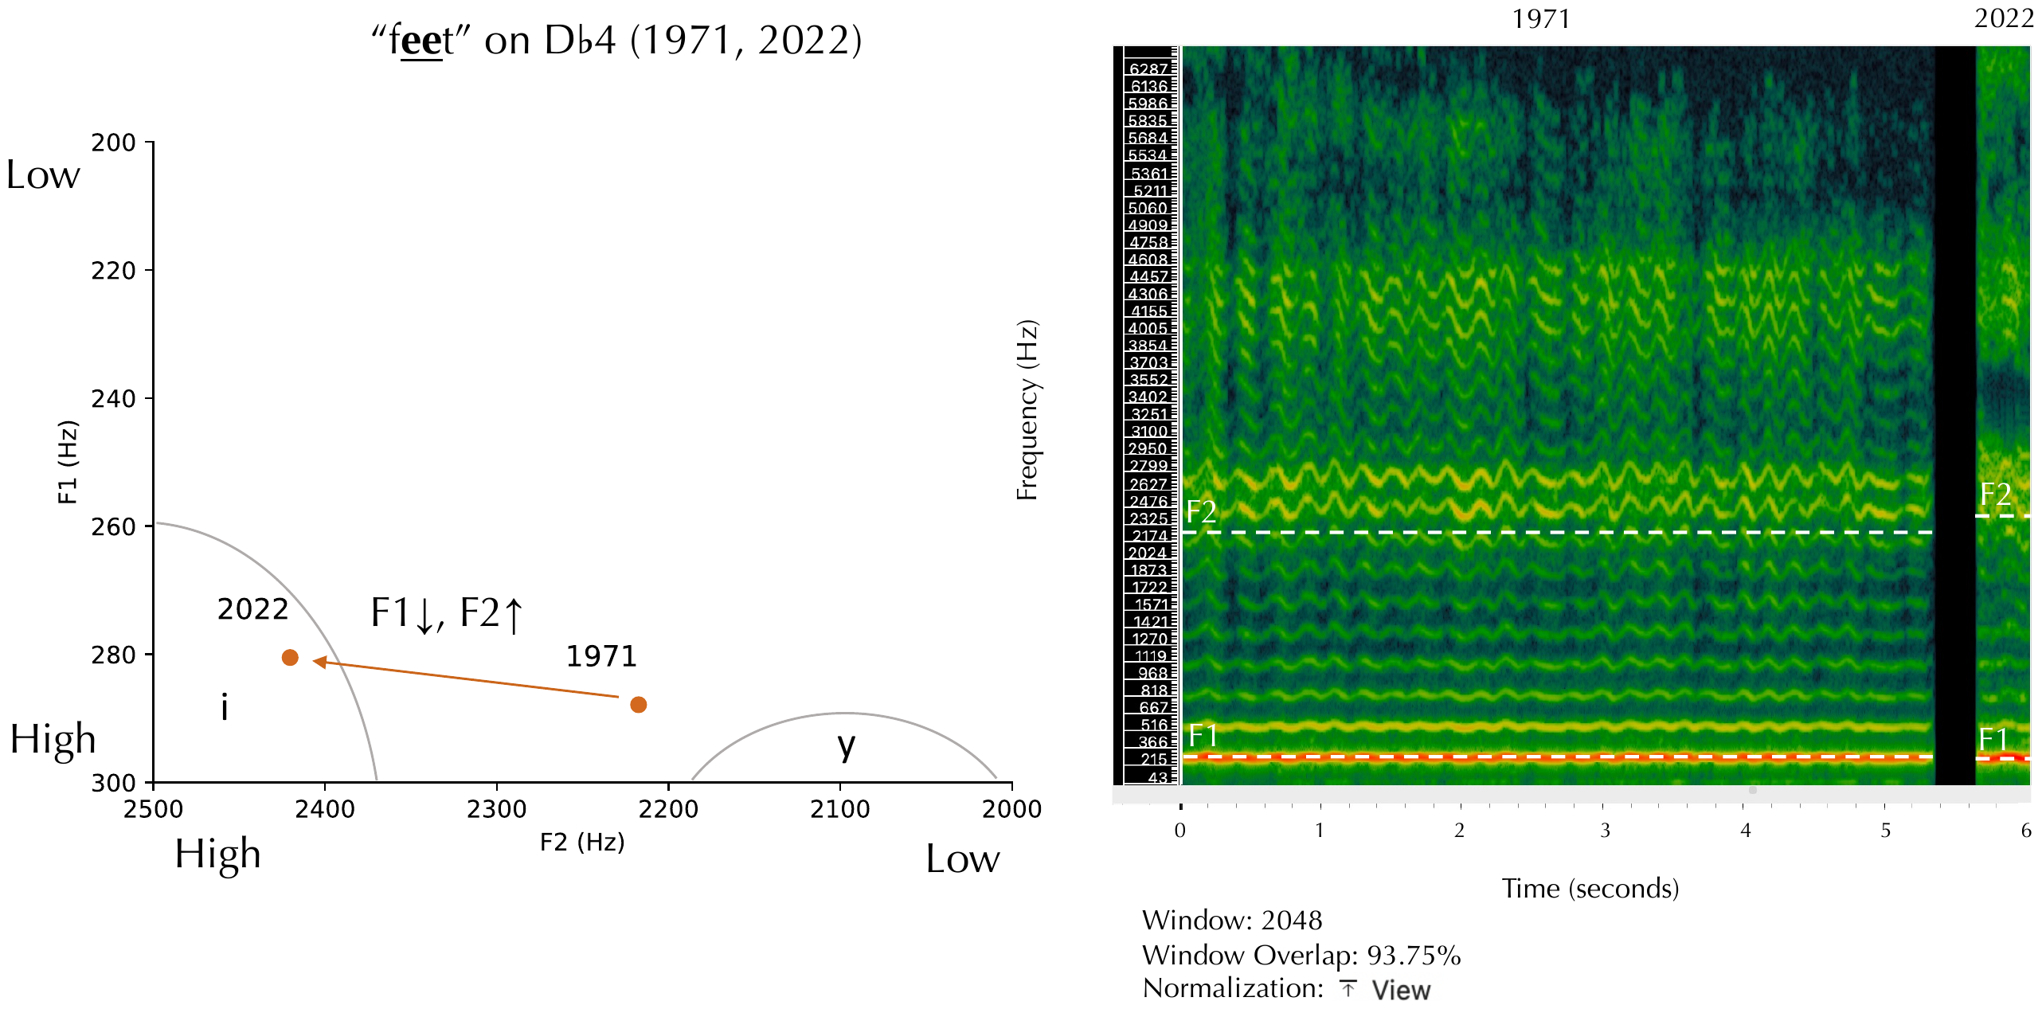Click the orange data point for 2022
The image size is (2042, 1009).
point(290,657)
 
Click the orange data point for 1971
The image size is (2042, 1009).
point(638,704)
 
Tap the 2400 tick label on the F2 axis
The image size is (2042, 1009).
point(325,809)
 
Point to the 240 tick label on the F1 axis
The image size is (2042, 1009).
point(113,398)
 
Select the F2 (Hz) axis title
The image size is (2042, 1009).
point(582,842)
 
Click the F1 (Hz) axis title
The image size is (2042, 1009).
point(68,462)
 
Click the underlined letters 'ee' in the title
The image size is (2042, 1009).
point(421,41)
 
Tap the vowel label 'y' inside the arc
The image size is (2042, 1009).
point(846,747)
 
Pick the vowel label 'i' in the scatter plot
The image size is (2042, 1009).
point(225,706)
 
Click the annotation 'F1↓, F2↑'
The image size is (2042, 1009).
point(448,614)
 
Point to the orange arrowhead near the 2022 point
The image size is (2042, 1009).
point(319,661)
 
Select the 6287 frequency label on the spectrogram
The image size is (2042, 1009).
point(1148,69)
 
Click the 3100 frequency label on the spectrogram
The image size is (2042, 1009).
point(1149,431)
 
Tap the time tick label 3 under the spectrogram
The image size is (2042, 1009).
point(1605,831)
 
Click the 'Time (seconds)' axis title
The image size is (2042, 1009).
point(1590,888)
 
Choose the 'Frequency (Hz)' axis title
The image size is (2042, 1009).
point(1027,410)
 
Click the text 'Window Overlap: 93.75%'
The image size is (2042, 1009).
point(1301,955)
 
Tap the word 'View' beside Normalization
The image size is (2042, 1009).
point(1401,990)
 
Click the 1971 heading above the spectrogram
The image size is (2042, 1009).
point(1541,18)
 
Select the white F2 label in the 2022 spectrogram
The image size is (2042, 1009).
point(1996,495)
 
